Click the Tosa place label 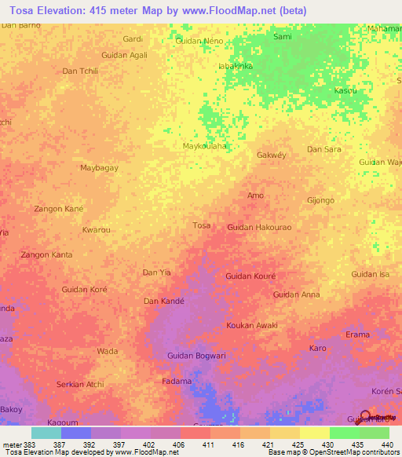(x=202, y=225)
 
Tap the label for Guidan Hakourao (x=259, y=227)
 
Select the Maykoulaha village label (x=204, y=146)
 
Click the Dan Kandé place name (x=163, y=301)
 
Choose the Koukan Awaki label (x=251, y=325)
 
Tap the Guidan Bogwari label (x=196, y=356)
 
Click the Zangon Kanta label (x=46, y=254)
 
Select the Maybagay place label (x=100, y=168)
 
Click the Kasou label (x=345, y=91)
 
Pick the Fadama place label (x=177, y=381)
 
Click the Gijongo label (x=321, y=199)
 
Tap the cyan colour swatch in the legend (x=46, y=433)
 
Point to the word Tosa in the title (x=21, y=10)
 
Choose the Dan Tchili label (x=80, y=71)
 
